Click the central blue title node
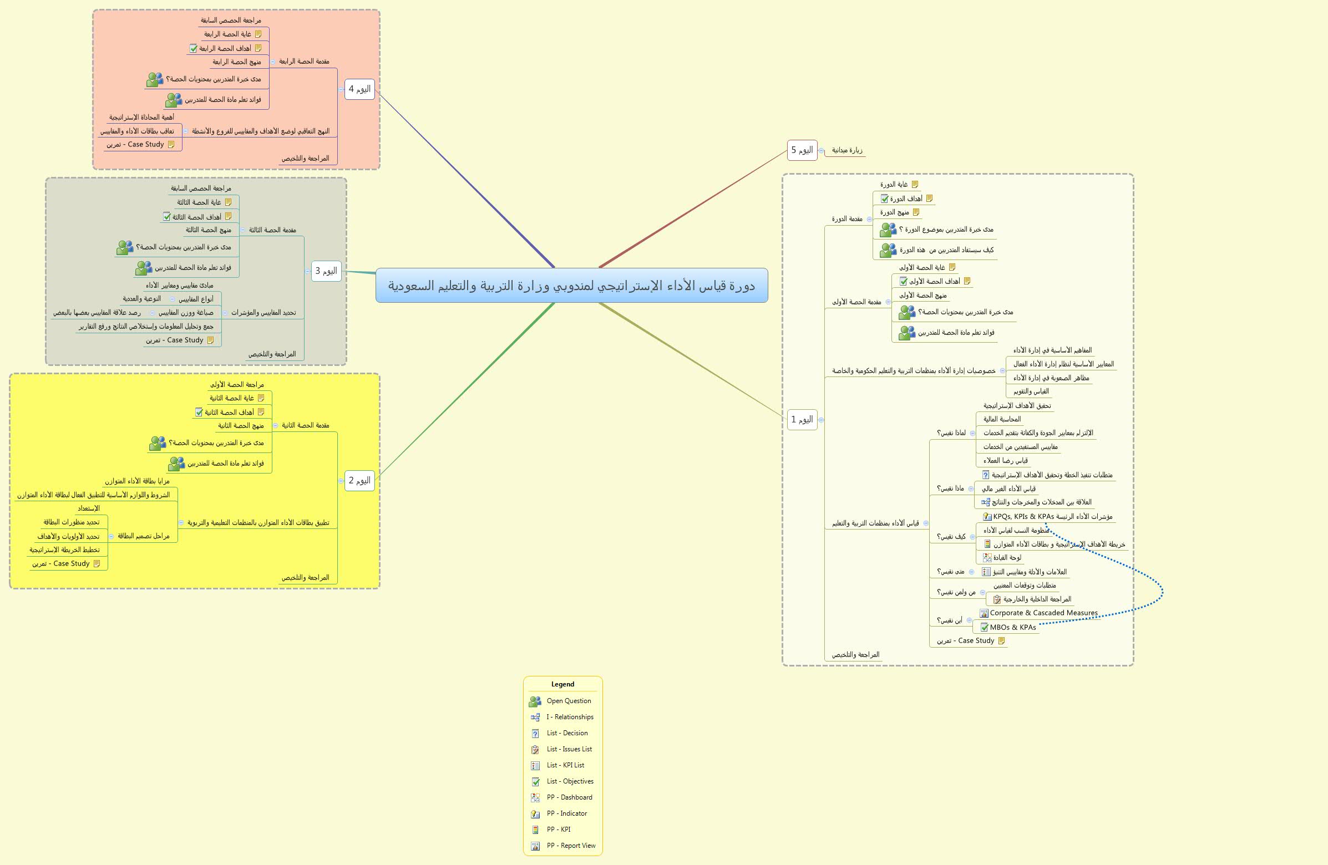click(x=571, y=286)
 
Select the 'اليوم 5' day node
click(x=802, y=150)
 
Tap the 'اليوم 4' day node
click(x=359, y=89)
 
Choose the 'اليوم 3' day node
click(x=326, y=271)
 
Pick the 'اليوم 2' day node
click(x=359, y=480)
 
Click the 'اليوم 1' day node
click(x=802, y=419)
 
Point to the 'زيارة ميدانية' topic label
click(x=847, y=150)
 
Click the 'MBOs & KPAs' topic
click(x=1012, y=627)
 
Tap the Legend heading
click(x=562, y=684)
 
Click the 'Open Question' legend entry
click(x=568, y=701)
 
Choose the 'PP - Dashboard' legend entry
click(x=569, y=797)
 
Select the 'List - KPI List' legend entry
click(x=565, y=765)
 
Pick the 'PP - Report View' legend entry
click(x=570, y=846)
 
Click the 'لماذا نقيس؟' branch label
click(x=951, y=433)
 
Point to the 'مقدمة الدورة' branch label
click(x=847, y=219)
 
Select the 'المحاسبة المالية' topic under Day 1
click(x=1002, y=419)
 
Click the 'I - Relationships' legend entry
click(x=569, y=717)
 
